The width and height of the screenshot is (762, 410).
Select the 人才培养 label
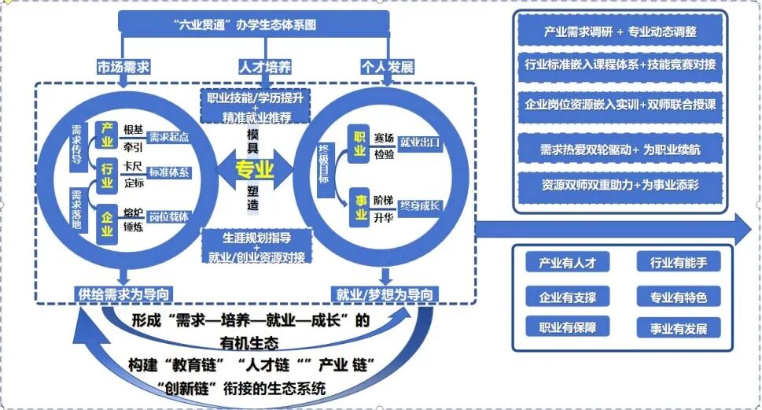264,66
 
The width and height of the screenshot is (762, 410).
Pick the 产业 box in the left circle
106,133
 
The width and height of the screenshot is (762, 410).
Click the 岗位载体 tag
169,216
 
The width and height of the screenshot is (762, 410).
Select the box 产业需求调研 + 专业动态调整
620,33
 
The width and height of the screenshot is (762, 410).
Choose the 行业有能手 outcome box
678,263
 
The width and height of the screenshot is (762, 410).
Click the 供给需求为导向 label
123,294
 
